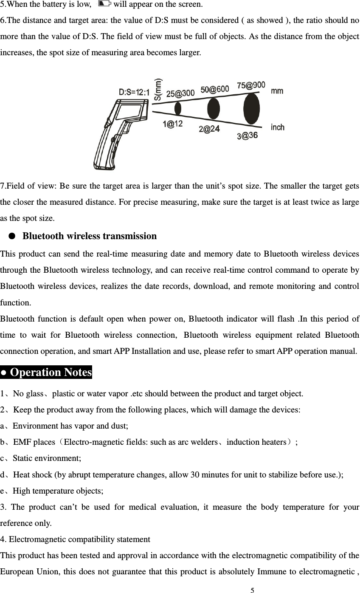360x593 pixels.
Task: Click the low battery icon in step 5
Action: [104, 4]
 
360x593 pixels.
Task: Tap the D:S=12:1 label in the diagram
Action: [134, 92]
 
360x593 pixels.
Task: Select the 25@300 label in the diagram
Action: [180, 93]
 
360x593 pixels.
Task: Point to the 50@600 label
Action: [214, 90]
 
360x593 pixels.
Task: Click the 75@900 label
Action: [251, 85]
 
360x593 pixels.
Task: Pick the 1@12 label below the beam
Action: [172, 124]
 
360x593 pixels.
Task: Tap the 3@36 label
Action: [247, 136]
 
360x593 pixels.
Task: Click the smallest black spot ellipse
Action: [178, 109]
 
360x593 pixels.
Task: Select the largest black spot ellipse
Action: [251, 109]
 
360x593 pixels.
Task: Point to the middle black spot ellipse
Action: [214, 109]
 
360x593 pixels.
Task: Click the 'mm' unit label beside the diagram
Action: [277, 91]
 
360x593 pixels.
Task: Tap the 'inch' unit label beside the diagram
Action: [278, 127]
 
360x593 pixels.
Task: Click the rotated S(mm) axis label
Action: [157, 90]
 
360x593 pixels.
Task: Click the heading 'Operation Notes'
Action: [46, 373]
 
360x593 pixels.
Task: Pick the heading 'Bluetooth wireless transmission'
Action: [90, 236]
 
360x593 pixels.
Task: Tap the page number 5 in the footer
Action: [252, 590]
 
